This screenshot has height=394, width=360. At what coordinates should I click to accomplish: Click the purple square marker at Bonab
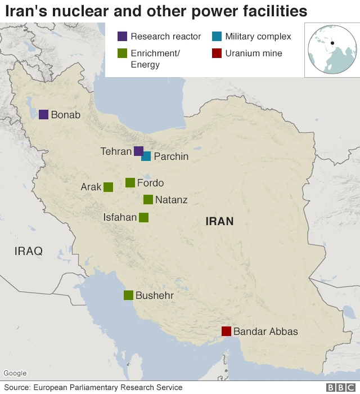click(43, 115)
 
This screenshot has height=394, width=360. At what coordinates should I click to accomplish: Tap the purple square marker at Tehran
click(138, 151)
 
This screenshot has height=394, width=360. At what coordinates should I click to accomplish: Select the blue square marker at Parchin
click(146, 156)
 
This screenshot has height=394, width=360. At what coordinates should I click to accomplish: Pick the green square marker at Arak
click(108, 187)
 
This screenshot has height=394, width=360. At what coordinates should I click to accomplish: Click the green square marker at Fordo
click(130, 182)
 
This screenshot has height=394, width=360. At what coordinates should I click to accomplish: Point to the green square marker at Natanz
click(148, 199)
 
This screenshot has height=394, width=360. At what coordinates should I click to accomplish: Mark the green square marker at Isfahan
click(143, 217)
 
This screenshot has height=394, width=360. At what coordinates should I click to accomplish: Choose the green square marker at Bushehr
click(128, 295)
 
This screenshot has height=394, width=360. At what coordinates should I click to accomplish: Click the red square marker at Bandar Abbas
click(226, 331)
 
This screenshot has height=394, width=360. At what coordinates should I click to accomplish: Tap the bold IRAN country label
click(219, 221)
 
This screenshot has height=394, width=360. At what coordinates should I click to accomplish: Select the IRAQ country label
click(28, 251)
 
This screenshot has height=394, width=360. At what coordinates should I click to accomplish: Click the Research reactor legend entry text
click(165, 37)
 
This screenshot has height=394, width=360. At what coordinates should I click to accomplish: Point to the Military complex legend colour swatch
click(217, 37)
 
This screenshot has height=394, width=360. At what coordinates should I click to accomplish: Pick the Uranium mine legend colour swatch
click(217, 53)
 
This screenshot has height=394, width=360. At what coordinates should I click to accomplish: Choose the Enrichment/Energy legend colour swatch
click(122, 53)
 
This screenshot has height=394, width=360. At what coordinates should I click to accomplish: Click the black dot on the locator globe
click(332, 44)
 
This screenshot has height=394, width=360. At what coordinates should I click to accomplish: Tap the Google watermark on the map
click(15, 373)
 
